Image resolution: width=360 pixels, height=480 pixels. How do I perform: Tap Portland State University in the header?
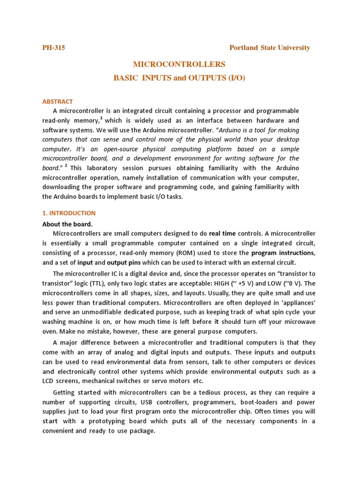(270, 48)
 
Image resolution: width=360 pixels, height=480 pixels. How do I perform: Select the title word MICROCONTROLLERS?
(180, 64)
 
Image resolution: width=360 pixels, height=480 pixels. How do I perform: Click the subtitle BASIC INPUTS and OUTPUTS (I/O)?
(180, 78)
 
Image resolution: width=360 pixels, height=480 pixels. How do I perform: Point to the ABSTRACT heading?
(58, 101)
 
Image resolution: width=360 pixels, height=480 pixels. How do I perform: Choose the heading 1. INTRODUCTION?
(69, 213)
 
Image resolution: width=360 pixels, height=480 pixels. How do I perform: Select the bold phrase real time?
(222, 233)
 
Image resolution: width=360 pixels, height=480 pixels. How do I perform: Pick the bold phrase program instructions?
(283, 253)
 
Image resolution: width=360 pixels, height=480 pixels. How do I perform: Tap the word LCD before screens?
(49, 381)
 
